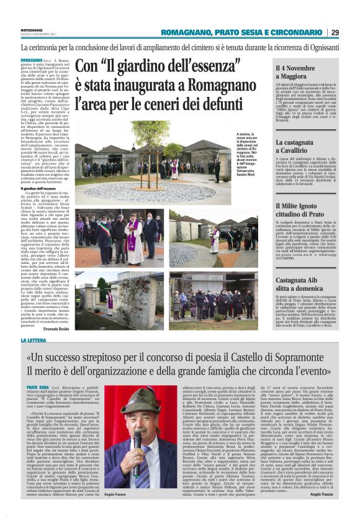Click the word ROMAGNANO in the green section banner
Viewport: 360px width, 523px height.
(x=183, y=32)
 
